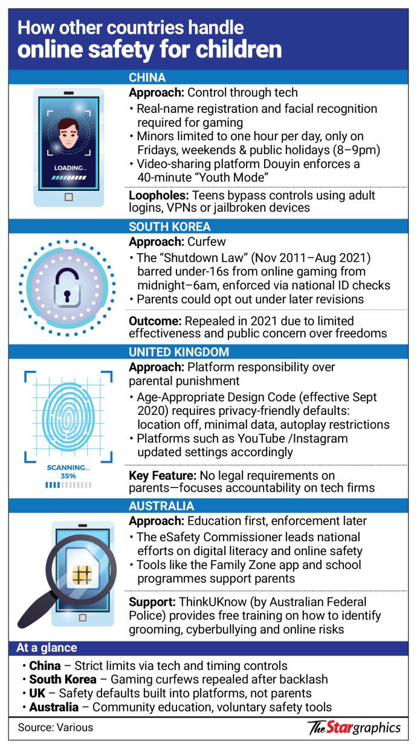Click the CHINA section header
(x=147, y=78)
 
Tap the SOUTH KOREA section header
(x=169, y=227)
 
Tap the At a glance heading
(x=47, y=648)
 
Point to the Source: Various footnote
(x=56, y=727)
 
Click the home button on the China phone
(x=68, y=196)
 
